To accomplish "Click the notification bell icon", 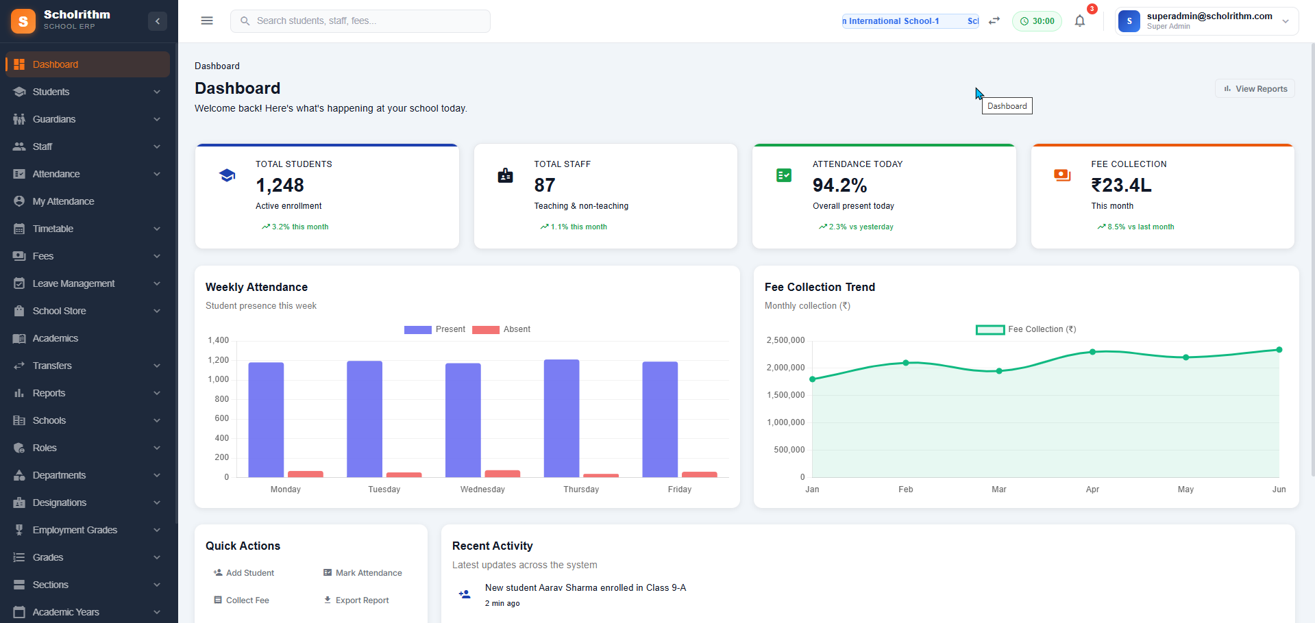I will tap(1080, 21).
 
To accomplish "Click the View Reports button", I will tap(1255, 89).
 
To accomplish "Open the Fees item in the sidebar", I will tap(43, 256).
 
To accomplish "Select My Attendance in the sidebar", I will tap(63, 201).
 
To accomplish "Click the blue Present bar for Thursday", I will tap(561, 418).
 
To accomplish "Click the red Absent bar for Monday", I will tap(305, 474).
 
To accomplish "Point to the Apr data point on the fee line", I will tap(1092, 352).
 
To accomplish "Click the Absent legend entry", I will tap(502, 329).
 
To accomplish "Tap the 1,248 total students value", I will tap(280, 186).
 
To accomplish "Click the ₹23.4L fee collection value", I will tap(1121, 186).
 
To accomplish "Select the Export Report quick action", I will tap(356, 600).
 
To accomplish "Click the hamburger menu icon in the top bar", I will tap(207, 21).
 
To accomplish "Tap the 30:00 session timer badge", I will tap(1037, 21).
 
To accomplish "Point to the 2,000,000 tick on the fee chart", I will tap(785, 368).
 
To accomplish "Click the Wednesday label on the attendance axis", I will tap(482, 489).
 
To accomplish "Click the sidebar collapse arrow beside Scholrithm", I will tap(158, 21).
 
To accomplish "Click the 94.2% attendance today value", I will tap(839, 186).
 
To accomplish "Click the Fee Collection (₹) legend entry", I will tap(1026, 329).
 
